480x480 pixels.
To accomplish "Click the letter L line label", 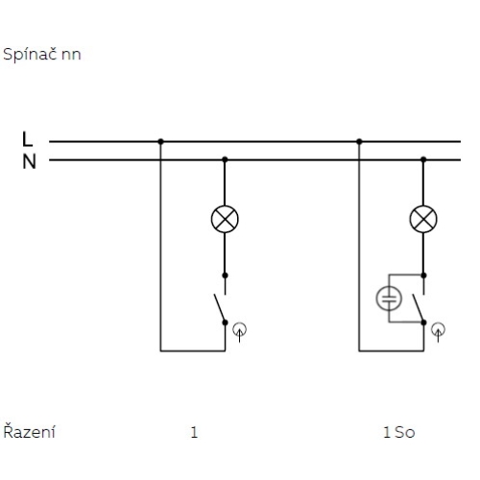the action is [x=28, y=139].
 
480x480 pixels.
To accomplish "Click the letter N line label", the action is [x=29, y=161].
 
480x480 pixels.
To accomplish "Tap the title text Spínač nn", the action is [x=42, y=55].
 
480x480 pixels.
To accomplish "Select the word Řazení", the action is [x=29, y=431].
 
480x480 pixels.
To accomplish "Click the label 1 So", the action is [x=399, y=432].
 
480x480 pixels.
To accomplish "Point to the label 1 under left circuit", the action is [x=194, y=432].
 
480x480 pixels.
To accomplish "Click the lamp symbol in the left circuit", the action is [x=225, y=219].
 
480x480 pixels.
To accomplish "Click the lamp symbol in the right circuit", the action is [x=423, y=219].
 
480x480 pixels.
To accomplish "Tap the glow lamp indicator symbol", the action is [x=389, y=299].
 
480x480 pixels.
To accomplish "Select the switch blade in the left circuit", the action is [x=220, y=308].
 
